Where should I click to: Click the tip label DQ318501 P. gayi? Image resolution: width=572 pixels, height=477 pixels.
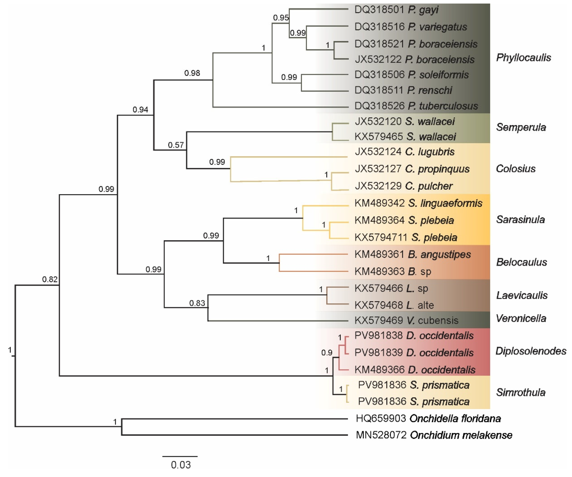[x=396, y=10]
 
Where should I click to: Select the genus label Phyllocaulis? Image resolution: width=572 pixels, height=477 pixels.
[x=523, y=58]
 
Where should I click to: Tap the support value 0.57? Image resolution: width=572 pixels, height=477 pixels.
[x=176, y=145]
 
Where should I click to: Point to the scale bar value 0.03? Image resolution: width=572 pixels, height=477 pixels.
[x=181, y=465]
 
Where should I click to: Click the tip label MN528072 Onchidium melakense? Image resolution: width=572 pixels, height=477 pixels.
[x=434, y=435]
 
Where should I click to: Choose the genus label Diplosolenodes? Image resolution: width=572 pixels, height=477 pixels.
[x=531, y=351]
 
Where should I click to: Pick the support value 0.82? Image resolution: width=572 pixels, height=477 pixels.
[x=50, y=279]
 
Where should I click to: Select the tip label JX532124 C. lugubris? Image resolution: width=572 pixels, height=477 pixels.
[x=404, y=152]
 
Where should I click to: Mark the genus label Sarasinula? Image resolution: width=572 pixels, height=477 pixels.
[x=520, y=219]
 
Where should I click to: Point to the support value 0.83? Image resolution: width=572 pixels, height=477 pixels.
[x=197, y=303]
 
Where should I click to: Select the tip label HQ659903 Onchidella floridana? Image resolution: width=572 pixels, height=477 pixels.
[x=428, y=418]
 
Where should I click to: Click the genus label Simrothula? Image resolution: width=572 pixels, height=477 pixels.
[x=521, y=393]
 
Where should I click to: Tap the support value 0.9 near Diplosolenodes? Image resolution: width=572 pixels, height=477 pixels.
[x=327, y=353]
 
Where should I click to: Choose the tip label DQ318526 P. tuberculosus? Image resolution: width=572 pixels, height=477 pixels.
[x=416, y=106]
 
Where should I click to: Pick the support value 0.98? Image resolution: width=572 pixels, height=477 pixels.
[x=192, y=73]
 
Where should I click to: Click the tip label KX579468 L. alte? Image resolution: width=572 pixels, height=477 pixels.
[x=394, y=305]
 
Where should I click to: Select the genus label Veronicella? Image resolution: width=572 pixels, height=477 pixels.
[x=521, y=318]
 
